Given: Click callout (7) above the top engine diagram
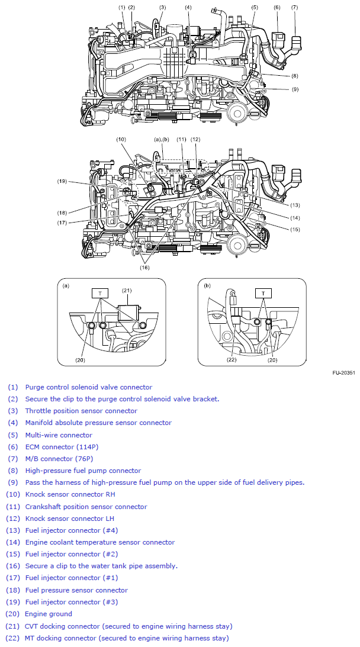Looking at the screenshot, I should (294, 7).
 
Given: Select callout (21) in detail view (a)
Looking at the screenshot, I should (126, 290).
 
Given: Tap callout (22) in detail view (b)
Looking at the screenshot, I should (232, 359).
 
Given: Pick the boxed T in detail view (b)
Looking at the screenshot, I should (262, 292).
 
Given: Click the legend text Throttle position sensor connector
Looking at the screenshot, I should (81, 411).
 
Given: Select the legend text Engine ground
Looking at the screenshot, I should (49, 614).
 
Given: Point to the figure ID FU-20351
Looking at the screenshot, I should (343, 373).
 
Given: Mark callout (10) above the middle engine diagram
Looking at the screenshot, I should (121, 140).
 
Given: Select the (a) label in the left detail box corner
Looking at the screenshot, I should (66, 285).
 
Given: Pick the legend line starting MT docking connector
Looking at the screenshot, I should (126, 638).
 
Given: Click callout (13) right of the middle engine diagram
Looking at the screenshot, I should (295, 205).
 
